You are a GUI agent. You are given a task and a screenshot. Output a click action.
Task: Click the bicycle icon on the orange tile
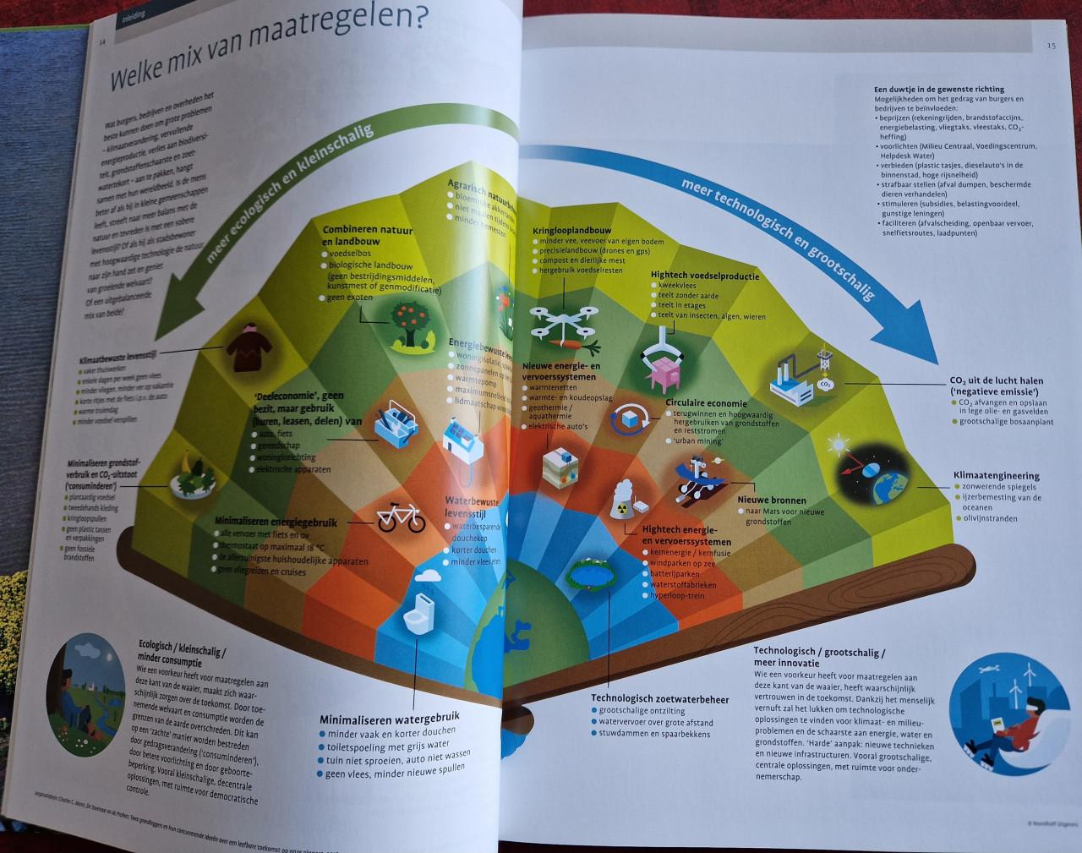point(400,517)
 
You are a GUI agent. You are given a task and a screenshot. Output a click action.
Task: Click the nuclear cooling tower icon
point(624,500)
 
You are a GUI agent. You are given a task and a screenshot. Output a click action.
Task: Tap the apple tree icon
point(406,325)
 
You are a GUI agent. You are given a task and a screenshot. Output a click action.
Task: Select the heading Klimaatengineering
point(996,476)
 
